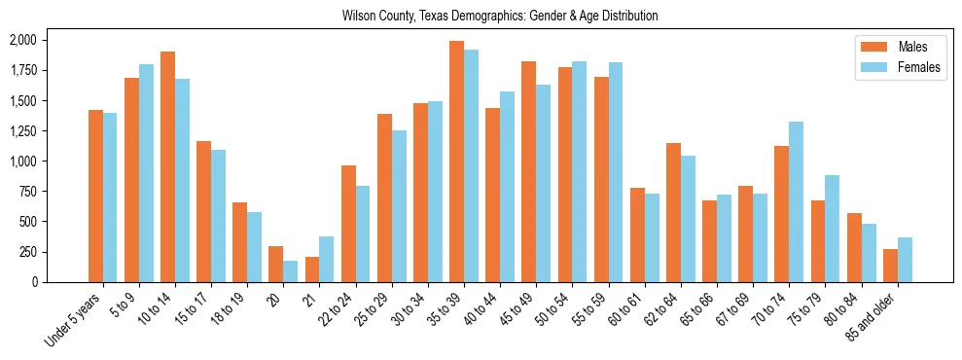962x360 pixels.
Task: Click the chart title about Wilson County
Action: click(x=500, y=17)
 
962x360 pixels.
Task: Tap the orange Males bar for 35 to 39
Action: click(x=456, y=162)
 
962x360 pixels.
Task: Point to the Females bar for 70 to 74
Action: click(x=797, y=201)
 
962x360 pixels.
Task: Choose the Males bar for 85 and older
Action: click(x=890, y=266)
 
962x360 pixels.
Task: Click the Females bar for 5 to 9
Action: click(x=146, y=173)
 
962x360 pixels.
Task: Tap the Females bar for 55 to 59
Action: click(x=616, y=172)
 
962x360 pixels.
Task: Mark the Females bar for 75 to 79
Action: click(x=833, y=229)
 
